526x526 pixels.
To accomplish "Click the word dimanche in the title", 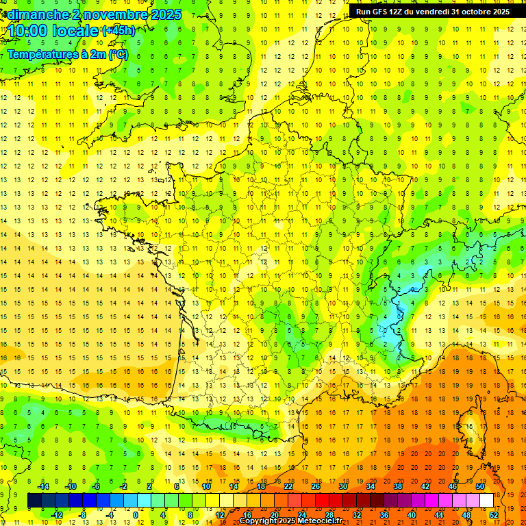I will [36, 14].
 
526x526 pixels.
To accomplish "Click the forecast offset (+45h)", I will [118, 31].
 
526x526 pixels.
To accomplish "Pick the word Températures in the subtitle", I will [42, 54].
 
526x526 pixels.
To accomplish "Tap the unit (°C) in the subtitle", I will [118, 54].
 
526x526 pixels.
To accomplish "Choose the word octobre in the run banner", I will [477, 12].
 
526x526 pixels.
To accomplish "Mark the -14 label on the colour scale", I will [43, 486].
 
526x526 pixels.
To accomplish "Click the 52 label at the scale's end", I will [493, 514].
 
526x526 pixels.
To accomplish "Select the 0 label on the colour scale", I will [136, 514].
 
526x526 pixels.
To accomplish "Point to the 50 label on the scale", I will [480, 486].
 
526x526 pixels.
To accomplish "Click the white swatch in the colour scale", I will [486, 501].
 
